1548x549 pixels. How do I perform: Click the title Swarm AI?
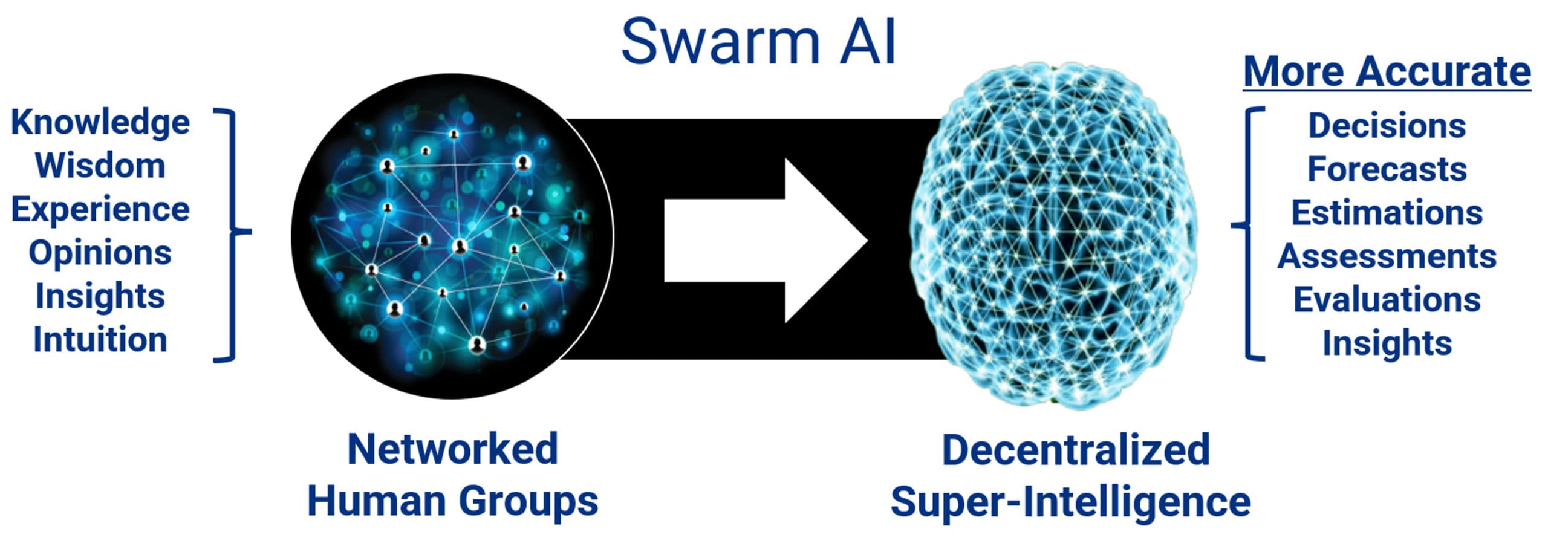tap(758, 41)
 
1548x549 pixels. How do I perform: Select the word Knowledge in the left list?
tap(100, 123)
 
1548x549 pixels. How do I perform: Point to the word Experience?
tap(100, 210)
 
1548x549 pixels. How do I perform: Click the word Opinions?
tap(100, 253)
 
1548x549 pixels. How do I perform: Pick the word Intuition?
tap(100, 339)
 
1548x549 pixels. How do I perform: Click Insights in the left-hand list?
tap(100, 297)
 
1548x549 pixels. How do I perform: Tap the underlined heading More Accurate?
tap(1387, 72)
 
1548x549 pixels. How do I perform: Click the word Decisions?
tap(1387, 126)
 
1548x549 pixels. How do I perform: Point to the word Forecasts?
tap(1387, 169)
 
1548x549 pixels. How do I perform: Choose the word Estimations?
tap(1387, 212)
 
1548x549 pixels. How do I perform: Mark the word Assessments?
tap(1387, 256)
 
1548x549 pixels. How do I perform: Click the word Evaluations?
tap(1387, 299)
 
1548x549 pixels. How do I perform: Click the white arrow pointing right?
tap(766, 241)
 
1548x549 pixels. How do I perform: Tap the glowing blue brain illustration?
tap(1053, 236)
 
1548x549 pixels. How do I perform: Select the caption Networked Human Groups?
tap(453, 475)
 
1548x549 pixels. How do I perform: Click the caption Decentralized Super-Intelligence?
tap(1071, 475)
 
